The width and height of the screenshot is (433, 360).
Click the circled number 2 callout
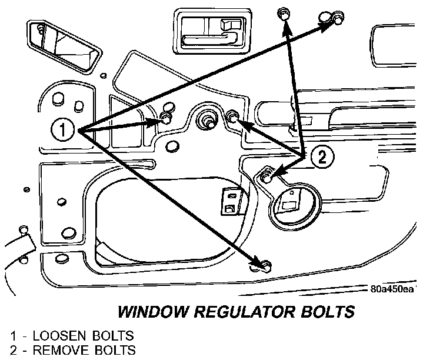coord(322,156)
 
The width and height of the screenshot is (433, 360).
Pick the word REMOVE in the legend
coord(62,351)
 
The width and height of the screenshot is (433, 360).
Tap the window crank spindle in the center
coord(207,120)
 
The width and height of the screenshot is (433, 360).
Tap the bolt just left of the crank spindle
coord(166,120)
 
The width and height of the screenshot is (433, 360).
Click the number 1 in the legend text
coord(13,336)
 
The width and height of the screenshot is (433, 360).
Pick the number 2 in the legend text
coord(13,351)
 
